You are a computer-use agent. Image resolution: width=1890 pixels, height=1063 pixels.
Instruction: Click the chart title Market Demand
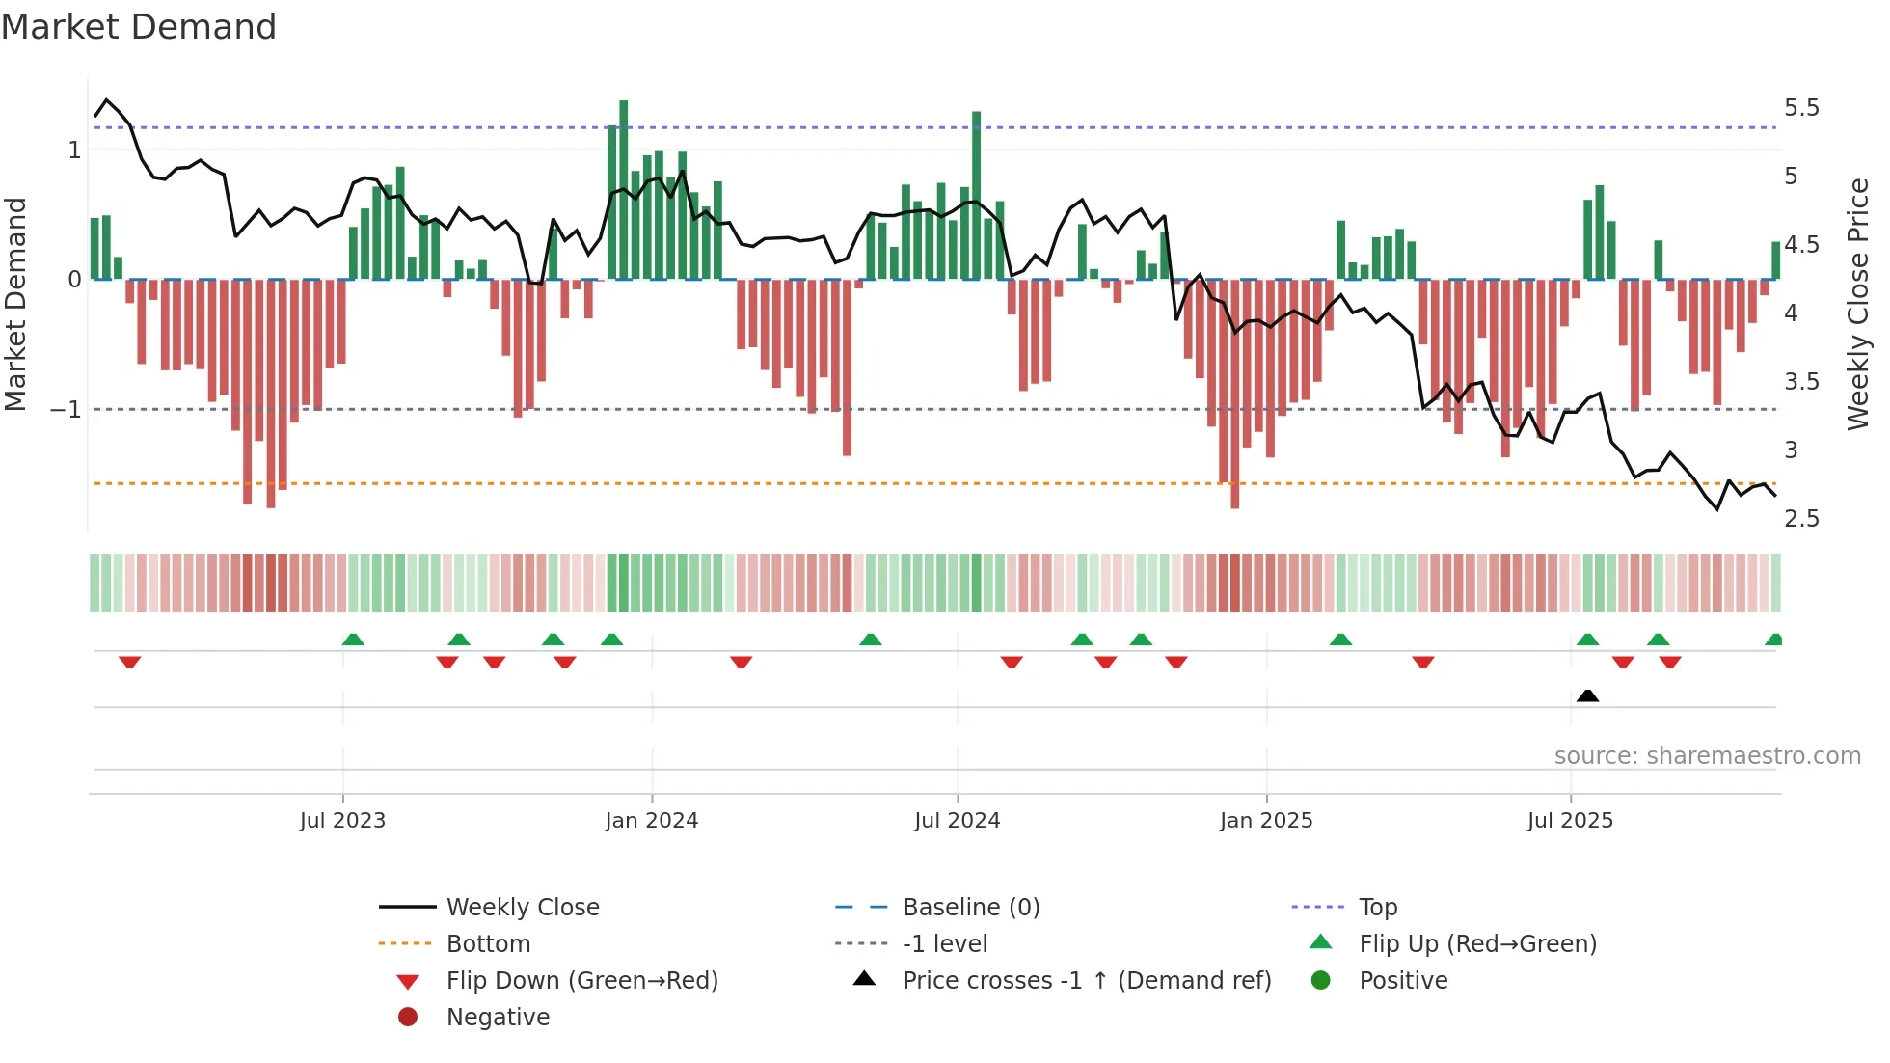(x=139, y=27)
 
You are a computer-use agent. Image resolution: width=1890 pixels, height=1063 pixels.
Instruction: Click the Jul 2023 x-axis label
(x=342, y=821)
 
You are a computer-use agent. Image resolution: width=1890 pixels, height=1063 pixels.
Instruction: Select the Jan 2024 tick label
(x=652, y=821)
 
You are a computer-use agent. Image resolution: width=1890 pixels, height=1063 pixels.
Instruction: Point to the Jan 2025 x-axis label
(x=1266, y=821)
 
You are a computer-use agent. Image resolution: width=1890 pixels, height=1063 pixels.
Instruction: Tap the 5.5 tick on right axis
(x=1801, y=107)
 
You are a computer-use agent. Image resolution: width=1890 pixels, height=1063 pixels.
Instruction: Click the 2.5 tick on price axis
(x=1801, y=519)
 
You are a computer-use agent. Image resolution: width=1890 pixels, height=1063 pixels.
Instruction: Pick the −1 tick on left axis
(x=67, y=409)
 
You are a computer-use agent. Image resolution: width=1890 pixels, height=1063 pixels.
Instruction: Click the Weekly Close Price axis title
(x=1857, y=304)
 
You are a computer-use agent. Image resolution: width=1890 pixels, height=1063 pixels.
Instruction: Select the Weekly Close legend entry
(x=522, y=908)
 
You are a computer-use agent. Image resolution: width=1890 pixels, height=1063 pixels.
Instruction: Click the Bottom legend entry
(x=488, y=944)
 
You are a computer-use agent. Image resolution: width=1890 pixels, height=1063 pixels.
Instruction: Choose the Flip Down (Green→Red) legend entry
(x=581, y=981)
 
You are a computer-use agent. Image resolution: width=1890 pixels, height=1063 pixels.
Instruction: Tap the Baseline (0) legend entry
(x=970, y=908)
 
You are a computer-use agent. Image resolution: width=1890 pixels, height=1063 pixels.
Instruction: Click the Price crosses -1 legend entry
(x=1086, y=981)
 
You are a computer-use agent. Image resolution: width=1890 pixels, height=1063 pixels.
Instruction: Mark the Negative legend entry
(x=498, y=1018)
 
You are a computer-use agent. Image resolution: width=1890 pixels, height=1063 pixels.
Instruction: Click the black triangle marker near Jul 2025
(x=1587, y=695)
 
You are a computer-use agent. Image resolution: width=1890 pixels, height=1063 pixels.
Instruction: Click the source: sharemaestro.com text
(x=1707, y=756)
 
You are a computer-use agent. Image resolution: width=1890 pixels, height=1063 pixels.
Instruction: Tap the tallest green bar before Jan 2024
(x=624, y=189)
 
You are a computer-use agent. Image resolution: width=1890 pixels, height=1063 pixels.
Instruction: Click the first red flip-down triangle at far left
(x=130, y=662)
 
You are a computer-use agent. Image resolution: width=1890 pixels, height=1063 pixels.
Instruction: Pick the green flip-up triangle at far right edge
(x=1773, y=640)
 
